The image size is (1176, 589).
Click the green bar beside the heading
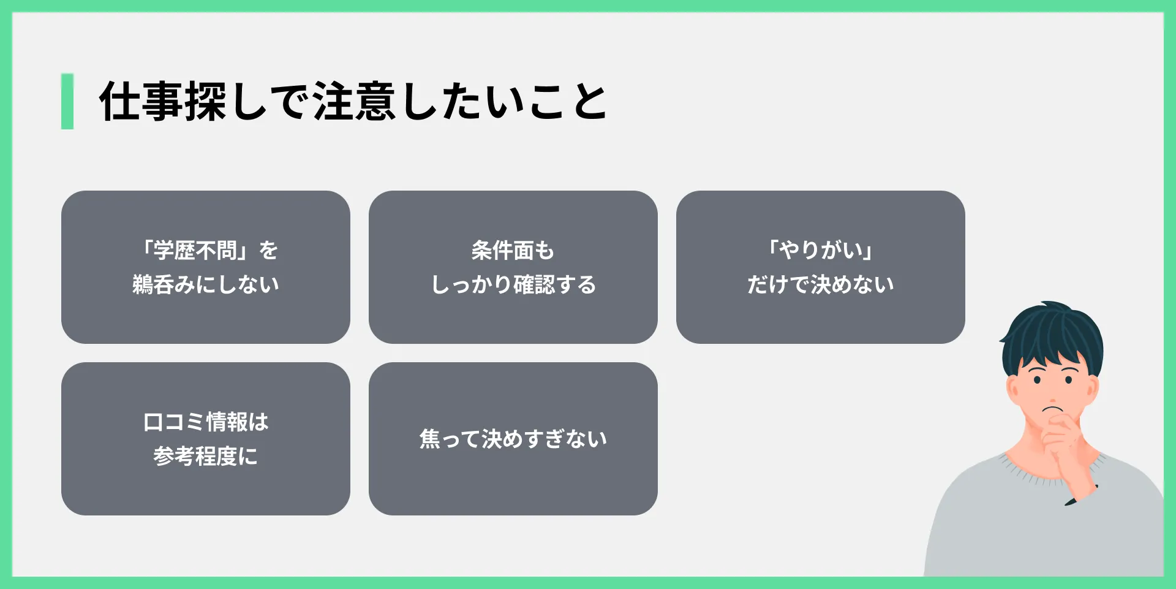coord(67,101)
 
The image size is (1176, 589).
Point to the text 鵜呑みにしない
coord(206,284)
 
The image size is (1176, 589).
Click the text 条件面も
coord(513,250)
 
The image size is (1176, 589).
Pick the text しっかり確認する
coord(513,284)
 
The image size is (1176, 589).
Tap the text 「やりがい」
coord(820,250)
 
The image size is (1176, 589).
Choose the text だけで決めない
coord(820,284)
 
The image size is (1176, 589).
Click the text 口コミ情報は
coord(206,422)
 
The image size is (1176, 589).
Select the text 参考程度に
coord(206,456)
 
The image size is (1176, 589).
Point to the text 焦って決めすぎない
coord(513,439)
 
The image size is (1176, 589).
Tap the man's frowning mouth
coord(1053,409)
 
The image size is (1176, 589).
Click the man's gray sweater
coord(1041,527)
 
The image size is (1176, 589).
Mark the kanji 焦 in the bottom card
coord(430,439)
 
